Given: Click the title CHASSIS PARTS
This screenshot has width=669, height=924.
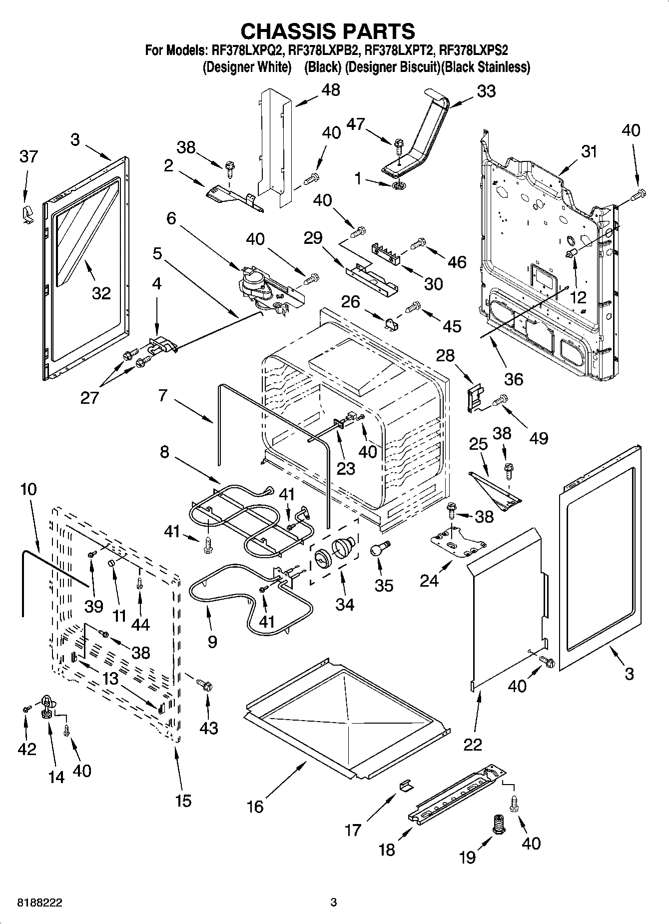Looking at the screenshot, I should (328, 31).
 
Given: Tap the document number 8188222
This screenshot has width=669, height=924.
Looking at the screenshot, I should (40, 903).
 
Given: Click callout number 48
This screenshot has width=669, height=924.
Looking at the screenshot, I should (331, 90).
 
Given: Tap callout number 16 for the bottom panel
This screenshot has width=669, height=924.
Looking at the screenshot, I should (255, 806).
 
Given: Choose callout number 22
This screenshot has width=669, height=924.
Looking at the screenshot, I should (473, 744).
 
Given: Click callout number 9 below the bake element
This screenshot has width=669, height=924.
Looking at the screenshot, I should (212, 641).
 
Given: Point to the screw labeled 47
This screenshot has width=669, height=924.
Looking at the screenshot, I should (399, 145).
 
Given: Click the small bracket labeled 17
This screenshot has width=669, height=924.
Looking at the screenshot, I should (406, 785).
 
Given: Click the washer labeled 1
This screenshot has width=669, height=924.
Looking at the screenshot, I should (399, 186).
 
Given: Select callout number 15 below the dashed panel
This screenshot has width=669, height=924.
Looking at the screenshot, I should (183, 801).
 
